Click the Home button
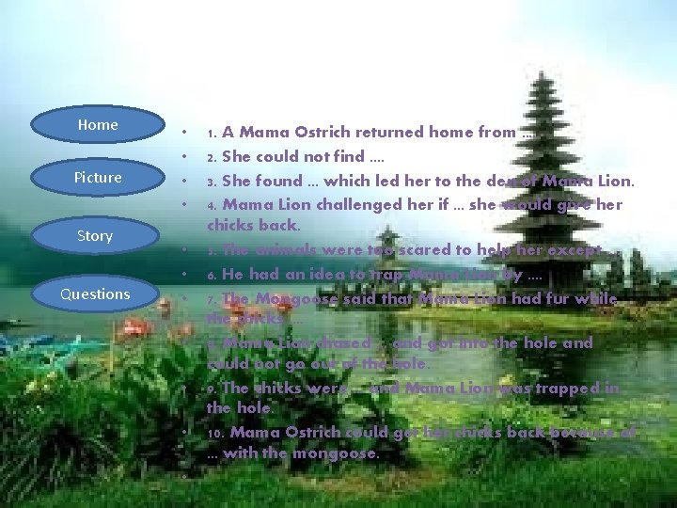tap(98, 125)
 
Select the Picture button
tap(98, 178)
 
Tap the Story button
tap(95, 236)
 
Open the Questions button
tap(95, 294)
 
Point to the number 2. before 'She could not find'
tap(213, 157)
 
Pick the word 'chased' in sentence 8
tap(343, 343)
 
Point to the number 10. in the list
tap(216, 433)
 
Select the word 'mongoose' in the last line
tap(340, 453)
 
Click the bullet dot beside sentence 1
tap(187, 133)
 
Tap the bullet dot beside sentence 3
tap(187, 181)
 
